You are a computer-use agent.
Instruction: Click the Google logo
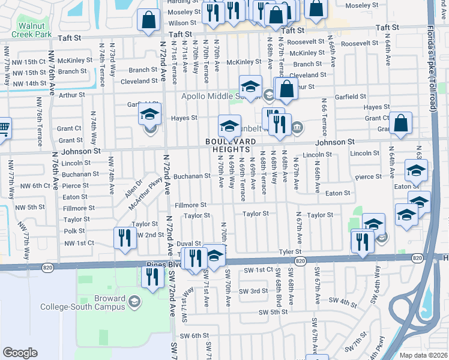click(x=20, y=353)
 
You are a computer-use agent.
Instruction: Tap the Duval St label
click(x=188, y=244)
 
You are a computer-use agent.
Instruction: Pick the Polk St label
click(x=74, y=231)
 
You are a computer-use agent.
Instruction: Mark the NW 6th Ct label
click(x=32, y=185)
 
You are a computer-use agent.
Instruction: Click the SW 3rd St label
click(x=253, y=291)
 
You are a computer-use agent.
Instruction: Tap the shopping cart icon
click(x=3, y=127)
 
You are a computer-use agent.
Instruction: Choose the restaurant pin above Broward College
click(x=152, y=276)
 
